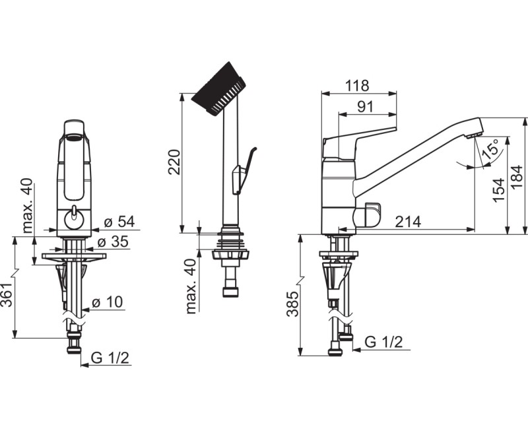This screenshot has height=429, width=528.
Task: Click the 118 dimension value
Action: click(x=357, y=86)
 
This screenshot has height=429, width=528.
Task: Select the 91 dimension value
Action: click(x=366, y=107)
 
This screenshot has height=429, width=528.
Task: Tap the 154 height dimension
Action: click(x=500, y=190)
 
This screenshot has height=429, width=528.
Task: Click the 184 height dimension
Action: click(x=517, y=177)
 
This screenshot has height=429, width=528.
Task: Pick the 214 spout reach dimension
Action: click(x=408, y=222)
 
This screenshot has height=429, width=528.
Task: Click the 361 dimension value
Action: click(x=8, y=294)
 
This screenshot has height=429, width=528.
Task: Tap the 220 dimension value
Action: click(x=175, y=162)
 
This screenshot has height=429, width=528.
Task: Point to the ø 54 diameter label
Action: click(x=119, y=222)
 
